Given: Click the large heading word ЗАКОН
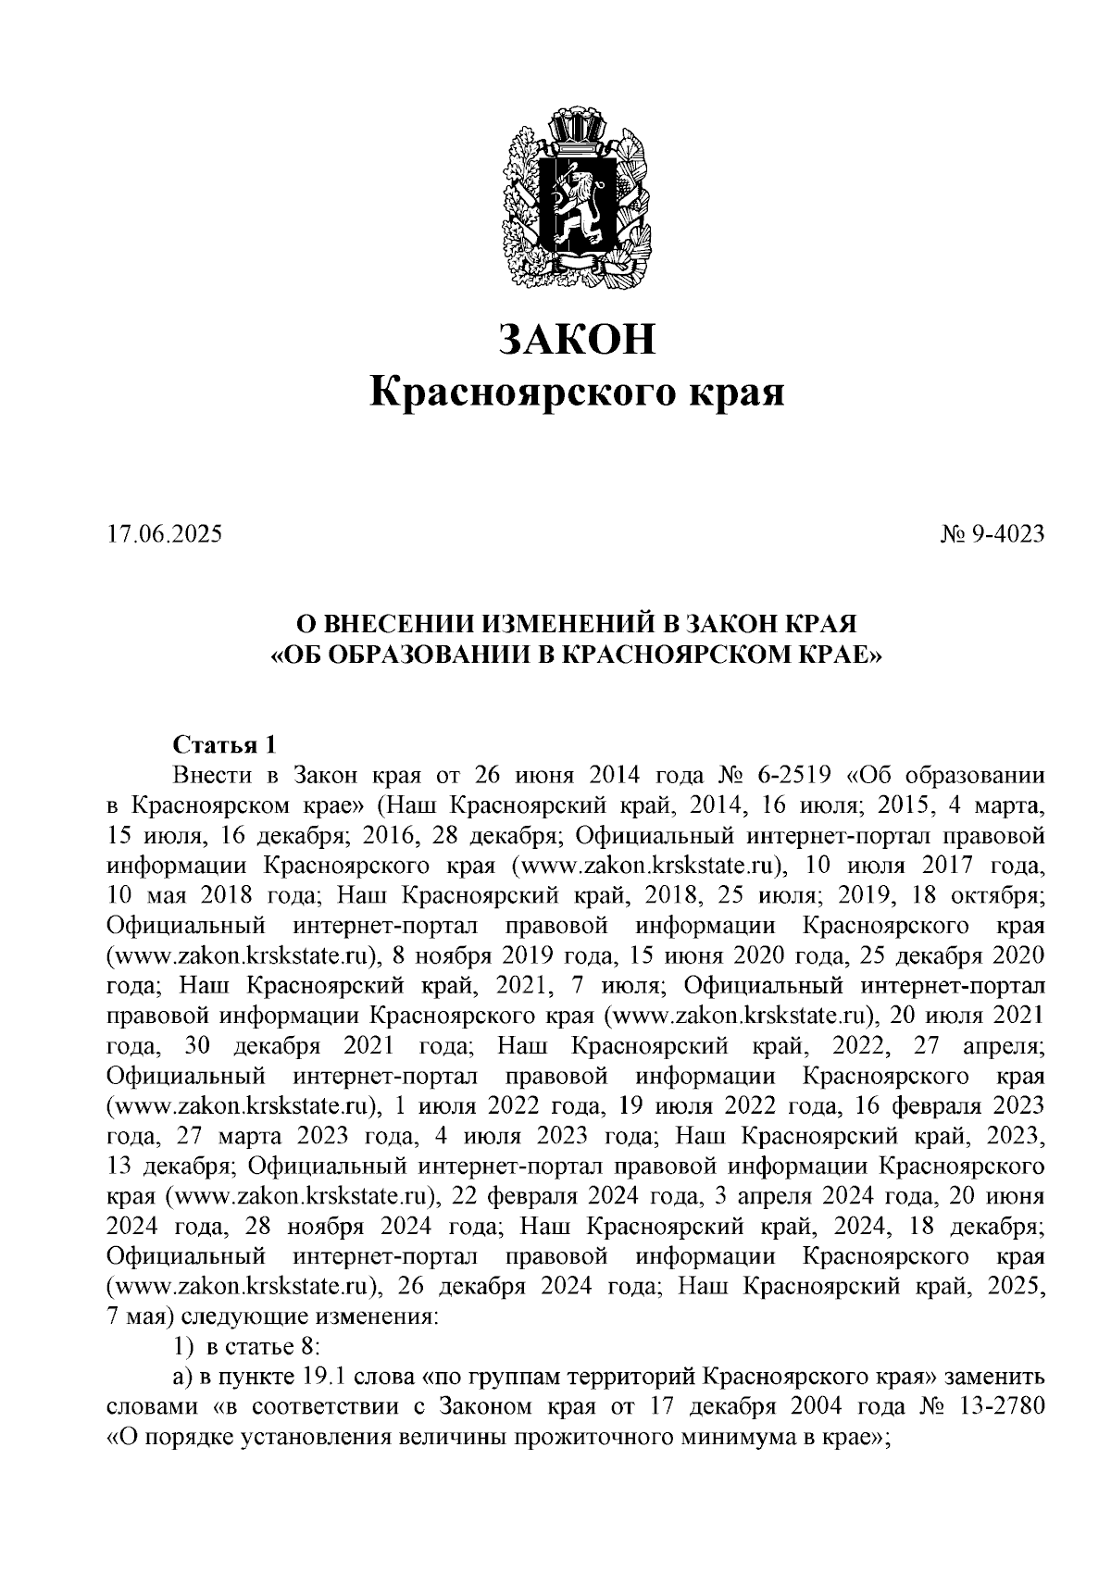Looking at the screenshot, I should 576,339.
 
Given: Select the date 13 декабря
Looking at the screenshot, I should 173,1165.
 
